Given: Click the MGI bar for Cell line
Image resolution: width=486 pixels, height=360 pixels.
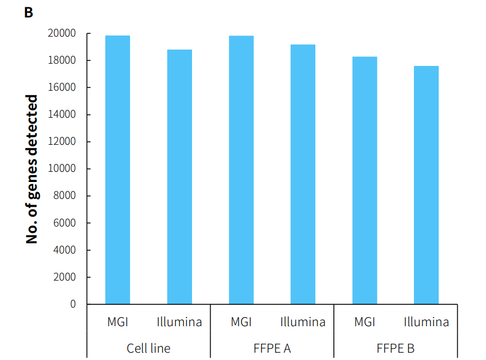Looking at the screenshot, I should coord(118,170).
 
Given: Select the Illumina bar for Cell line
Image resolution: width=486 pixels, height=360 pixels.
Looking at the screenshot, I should coord(180,177).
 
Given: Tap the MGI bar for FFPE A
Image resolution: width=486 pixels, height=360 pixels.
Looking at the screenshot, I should coord(241,170).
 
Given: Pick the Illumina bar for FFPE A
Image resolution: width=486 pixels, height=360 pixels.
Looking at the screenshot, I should coord(303,174).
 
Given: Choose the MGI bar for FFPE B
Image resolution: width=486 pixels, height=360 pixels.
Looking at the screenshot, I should coord(365,180).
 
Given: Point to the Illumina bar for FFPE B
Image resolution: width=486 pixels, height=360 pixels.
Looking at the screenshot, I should coord(426,185).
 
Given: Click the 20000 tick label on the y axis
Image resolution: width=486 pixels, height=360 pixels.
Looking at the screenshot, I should coord(62,34).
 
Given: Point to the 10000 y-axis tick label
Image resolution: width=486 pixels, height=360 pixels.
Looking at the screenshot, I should coord(62,169).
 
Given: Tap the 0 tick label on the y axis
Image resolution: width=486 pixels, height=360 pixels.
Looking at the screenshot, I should coord(73,304).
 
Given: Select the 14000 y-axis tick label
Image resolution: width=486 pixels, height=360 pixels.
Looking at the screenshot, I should coord(62,115).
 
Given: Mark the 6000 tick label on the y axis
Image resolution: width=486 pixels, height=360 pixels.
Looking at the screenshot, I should coord(64,223).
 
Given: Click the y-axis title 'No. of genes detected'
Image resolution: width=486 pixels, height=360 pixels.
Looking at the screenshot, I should coord(32,169).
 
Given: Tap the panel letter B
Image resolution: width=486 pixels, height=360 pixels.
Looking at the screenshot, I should coord(29,12).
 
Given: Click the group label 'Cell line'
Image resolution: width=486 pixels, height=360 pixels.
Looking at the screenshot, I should coord(149,348).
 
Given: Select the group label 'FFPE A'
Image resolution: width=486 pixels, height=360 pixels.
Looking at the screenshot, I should coord(272,348).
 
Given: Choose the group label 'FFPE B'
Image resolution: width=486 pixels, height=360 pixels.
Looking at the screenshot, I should coord(395,348).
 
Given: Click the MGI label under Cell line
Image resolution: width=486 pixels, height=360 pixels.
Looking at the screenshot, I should coord(118,322).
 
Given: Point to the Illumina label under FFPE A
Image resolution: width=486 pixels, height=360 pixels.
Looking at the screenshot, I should coord(303,322).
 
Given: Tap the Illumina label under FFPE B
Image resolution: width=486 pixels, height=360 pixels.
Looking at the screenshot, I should coord(426,322).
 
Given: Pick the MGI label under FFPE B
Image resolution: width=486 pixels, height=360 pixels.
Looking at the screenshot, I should coord(365,322).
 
